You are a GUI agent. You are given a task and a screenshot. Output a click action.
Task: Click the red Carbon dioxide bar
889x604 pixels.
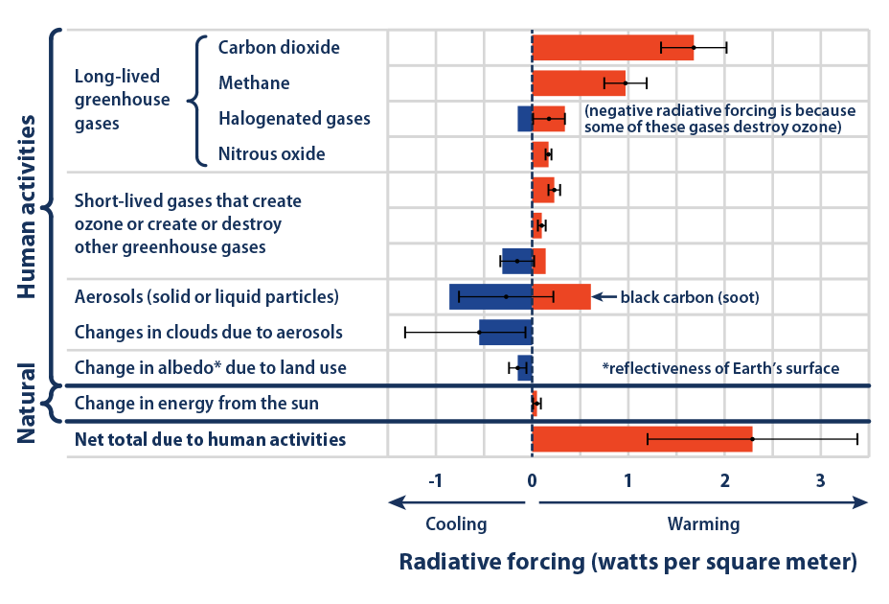point(612,47)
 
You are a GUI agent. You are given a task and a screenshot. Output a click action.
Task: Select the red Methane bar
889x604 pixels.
point(579,83)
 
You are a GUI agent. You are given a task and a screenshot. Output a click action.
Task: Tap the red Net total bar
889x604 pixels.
point(642,439)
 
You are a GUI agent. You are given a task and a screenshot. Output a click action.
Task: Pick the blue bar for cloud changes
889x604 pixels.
point(505,333)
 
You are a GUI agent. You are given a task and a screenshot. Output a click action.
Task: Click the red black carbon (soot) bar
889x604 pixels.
point(561,297)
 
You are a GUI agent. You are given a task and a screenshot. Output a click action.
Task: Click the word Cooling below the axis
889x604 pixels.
point(456,524)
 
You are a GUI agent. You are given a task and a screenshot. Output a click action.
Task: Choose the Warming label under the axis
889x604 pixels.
point(704,524)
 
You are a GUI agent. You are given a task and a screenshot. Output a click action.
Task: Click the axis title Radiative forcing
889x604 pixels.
point(627,562)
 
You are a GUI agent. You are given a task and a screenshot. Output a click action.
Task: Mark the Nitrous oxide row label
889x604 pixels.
point(271,153)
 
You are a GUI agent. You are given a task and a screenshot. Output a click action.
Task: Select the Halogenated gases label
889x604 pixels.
point(294,119)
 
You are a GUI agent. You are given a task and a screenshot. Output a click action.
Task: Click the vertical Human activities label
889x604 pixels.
point(28,206)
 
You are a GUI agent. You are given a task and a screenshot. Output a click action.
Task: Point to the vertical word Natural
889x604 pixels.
point(28,404)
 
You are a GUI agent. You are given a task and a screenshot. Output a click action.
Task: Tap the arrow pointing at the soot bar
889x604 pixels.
point(604,297)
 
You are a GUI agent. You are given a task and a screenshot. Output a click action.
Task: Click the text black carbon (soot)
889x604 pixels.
point(690,297)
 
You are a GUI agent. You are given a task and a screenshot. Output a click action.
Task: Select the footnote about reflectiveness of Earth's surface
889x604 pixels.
point(720,368)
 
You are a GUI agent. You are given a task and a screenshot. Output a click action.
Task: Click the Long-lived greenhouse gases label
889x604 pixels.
point(122,100)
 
